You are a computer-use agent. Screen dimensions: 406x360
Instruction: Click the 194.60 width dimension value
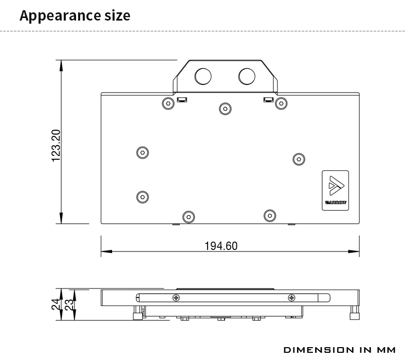[x=221, y=246]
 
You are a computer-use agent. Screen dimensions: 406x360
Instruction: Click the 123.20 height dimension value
[x=56, y=146]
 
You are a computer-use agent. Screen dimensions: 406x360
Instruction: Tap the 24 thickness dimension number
[x=56, y=304]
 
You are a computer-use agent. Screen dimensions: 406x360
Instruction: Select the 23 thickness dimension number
[x=69, y=305]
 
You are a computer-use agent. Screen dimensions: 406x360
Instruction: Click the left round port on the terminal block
[x=203, y=76]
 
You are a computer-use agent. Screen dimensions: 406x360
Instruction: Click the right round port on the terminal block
[x=247, y=76]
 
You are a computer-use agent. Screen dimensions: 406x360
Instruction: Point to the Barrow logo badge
[x=335, y=190]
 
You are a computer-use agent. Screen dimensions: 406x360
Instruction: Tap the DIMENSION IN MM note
[x=340, y=350]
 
